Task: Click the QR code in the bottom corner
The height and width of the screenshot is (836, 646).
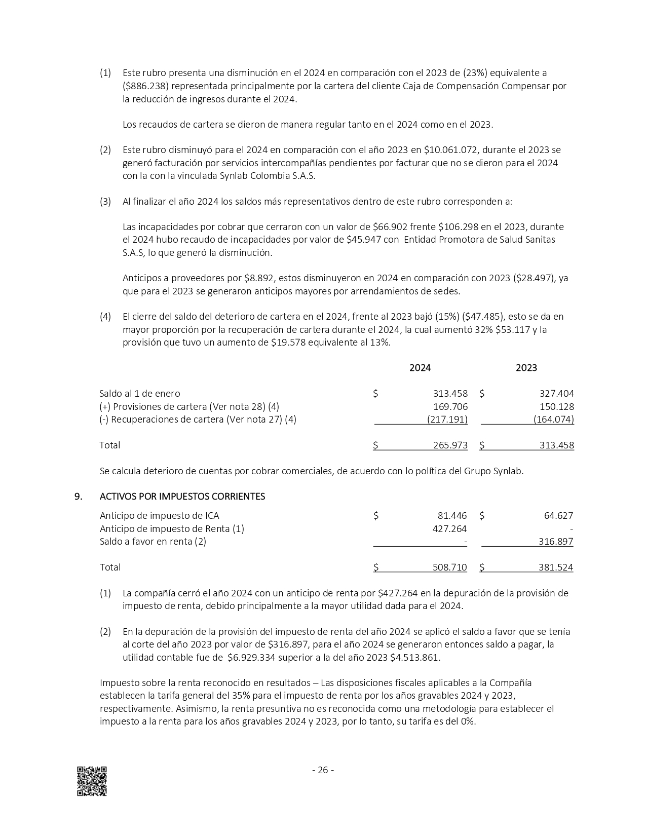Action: click(92, 781)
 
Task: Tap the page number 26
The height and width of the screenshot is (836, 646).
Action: click(323, 770)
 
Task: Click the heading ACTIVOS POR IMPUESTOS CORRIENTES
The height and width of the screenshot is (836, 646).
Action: click(182, 497)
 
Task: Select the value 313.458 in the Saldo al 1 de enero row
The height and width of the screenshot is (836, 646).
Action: click(450, 394)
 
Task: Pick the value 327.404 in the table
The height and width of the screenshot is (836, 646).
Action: click(557, 394)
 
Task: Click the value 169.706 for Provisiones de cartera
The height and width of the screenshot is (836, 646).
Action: click(450, 406)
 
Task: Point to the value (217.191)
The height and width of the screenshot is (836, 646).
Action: click(447, 420)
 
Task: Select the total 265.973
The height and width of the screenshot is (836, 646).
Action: click(450, 445)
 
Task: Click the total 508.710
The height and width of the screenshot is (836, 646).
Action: click(450, 567)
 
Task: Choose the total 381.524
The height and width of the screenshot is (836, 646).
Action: click(556, 567)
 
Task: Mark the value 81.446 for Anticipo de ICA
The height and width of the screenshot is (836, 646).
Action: click(452, 516)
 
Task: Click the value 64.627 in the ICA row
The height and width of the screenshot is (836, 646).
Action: click(558, 516)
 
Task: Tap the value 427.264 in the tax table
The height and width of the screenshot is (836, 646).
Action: click(450, 529)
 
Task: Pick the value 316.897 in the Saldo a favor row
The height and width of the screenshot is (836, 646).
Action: click(556, 542)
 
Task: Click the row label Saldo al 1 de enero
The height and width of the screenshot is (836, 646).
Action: click(140, 394)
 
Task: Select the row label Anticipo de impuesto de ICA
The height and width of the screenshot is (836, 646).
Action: click(160, 516)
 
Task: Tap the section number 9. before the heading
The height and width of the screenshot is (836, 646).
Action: click(79, 497)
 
